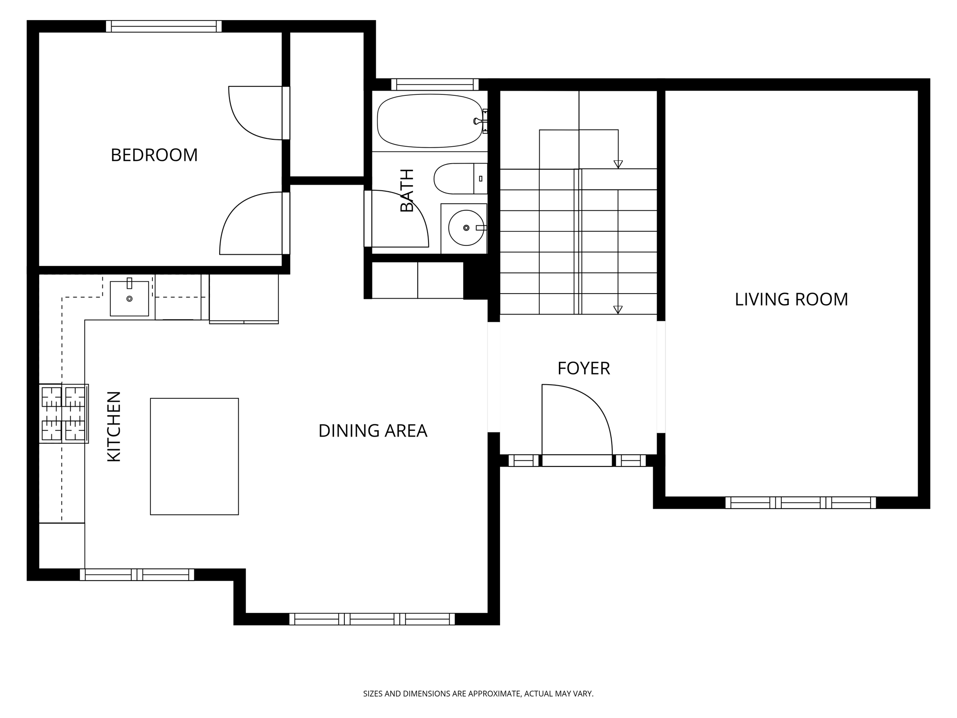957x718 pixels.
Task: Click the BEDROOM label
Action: pyautogui.click(x=154, y=155)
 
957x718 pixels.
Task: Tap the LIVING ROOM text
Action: pyautogui.click(x=791, y=299)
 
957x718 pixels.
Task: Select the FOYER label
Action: pyautogui.click(x=584, y=368)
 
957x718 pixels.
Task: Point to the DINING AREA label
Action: pyautogui.click(x=372, y=431)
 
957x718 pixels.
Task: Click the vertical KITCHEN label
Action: pyautogui.click(x=114, y=426)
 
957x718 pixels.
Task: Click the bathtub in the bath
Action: pyautogui.click(x=429, y=121)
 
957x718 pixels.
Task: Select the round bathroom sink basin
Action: pyautogui.click(x=465, y=228)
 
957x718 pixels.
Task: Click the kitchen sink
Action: pyautogui.click(x=129, y=299)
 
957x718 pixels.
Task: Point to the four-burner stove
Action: pyautogui.click(x=64, y=413)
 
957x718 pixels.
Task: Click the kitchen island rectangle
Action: pyautogui.click(x=194, y=456)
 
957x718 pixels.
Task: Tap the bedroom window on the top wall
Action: pyautogui.click(x=164, y=26)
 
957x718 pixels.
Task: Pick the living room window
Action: pyautogui.click(x=800, y=503)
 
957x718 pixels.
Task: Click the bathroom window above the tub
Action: pyautogui.click(x=435, y=85)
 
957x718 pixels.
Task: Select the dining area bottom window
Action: pyautogui.click(x=372, y=619)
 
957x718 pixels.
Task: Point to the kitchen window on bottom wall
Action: pyautogui.click(x=136, y=574)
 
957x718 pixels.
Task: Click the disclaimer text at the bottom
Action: pyautogui.click(x=478, y=694)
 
